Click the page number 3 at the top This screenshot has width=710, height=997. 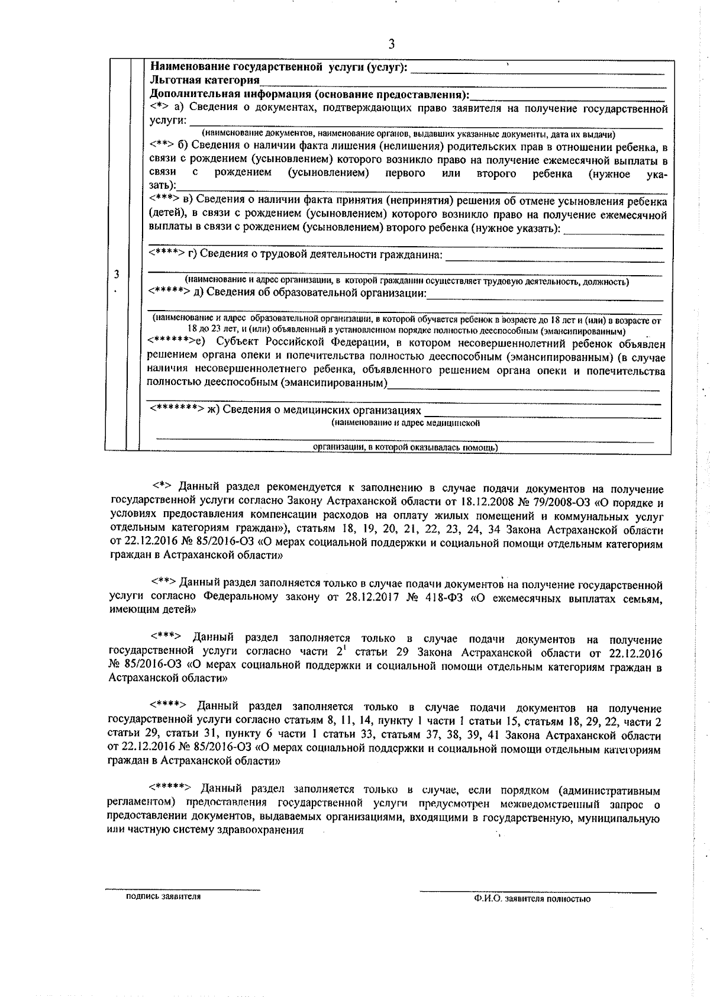[390, 44]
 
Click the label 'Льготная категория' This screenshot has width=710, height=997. [205, 80]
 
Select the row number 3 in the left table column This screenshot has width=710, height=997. [117, 275]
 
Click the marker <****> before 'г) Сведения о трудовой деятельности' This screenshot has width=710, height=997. [167, 254]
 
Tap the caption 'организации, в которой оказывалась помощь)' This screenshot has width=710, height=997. [405, 448]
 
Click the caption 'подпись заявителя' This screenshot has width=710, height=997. [163, 913]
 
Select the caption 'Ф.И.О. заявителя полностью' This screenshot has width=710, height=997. [532, 915]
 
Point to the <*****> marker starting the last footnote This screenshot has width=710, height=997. [169, 789]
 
